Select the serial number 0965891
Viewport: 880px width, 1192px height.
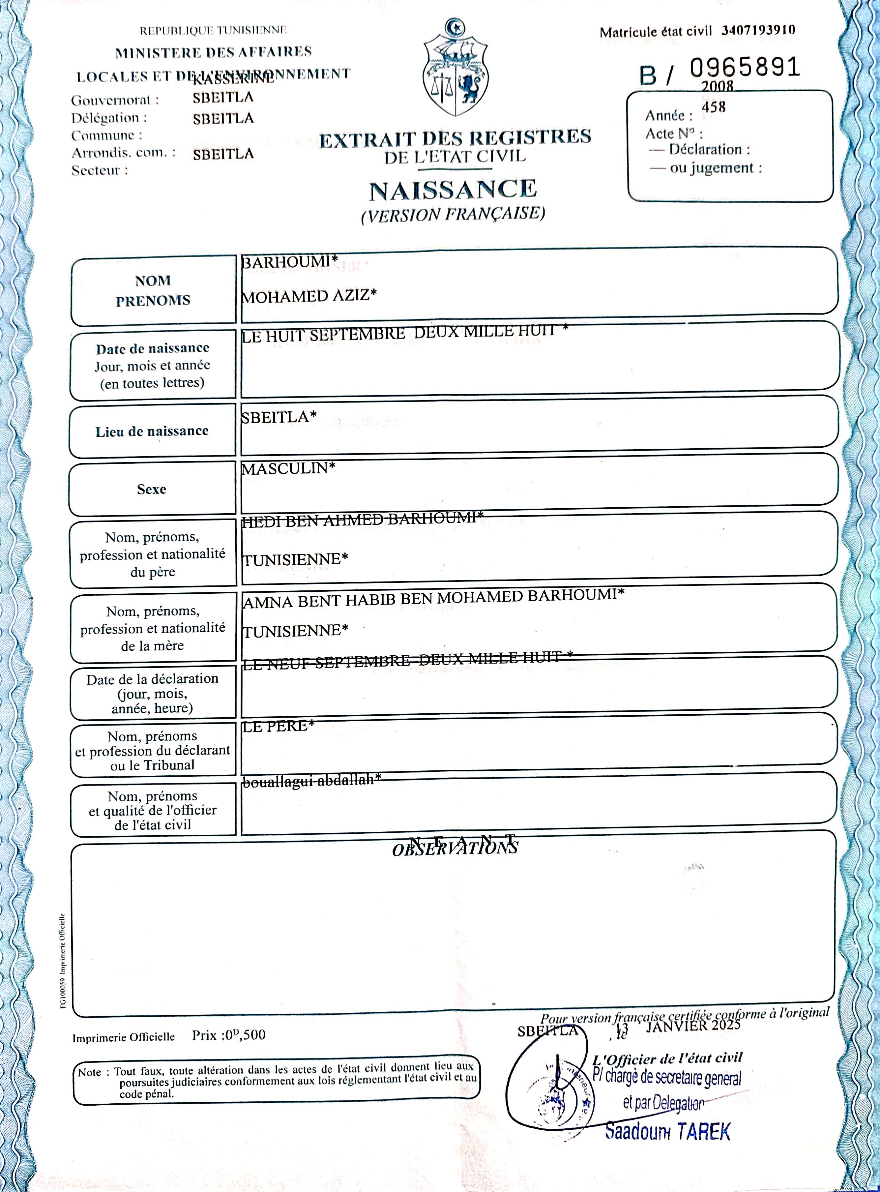click(x=744, y=67)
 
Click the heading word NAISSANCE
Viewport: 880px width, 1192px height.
click(x=453, y=190)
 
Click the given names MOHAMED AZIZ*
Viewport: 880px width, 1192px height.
click(x=308, y=295)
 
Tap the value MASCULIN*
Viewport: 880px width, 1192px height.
click(x=288, y=468)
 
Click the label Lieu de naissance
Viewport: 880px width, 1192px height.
click(x=152, y=431)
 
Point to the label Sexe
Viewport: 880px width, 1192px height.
click(x=152, y=489)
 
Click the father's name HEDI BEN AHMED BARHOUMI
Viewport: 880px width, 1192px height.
click(x=362, y=519)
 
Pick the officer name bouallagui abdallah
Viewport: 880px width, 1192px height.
click(x=311, y=781)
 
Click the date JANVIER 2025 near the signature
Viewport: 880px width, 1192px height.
click(x=692, y=1026)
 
